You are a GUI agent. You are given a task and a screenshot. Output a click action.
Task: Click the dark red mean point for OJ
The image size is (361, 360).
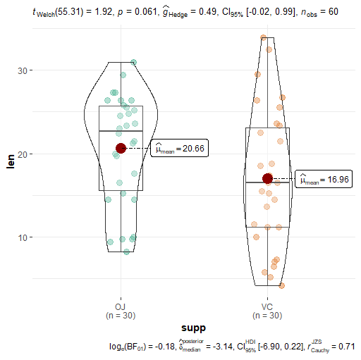[x=121, y=148]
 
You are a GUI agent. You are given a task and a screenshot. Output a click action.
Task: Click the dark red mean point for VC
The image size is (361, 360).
[x=267, y=179]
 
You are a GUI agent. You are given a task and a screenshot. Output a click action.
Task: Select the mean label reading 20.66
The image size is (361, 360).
[x=179, y=148]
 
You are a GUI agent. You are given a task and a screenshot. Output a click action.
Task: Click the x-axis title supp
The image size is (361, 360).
[x=194, y=328]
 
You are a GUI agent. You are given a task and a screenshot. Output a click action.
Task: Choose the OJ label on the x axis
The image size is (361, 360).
[x=121, y=306]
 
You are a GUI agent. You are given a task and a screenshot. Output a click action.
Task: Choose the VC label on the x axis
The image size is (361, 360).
[x=267, y=306]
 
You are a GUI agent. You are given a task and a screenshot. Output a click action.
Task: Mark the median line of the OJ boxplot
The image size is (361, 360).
[x=121, y=131]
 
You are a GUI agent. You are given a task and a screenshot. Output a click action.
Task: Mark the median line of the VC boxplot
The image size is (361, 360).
[x=267, y=182]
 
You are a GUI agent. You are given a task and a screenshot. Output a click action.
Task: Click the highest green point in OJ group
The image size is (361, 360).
[x=133, y=63]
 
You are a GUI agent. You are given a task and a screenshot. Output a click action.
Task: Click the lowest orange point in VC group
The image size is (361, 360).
[x=281, y=285]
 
